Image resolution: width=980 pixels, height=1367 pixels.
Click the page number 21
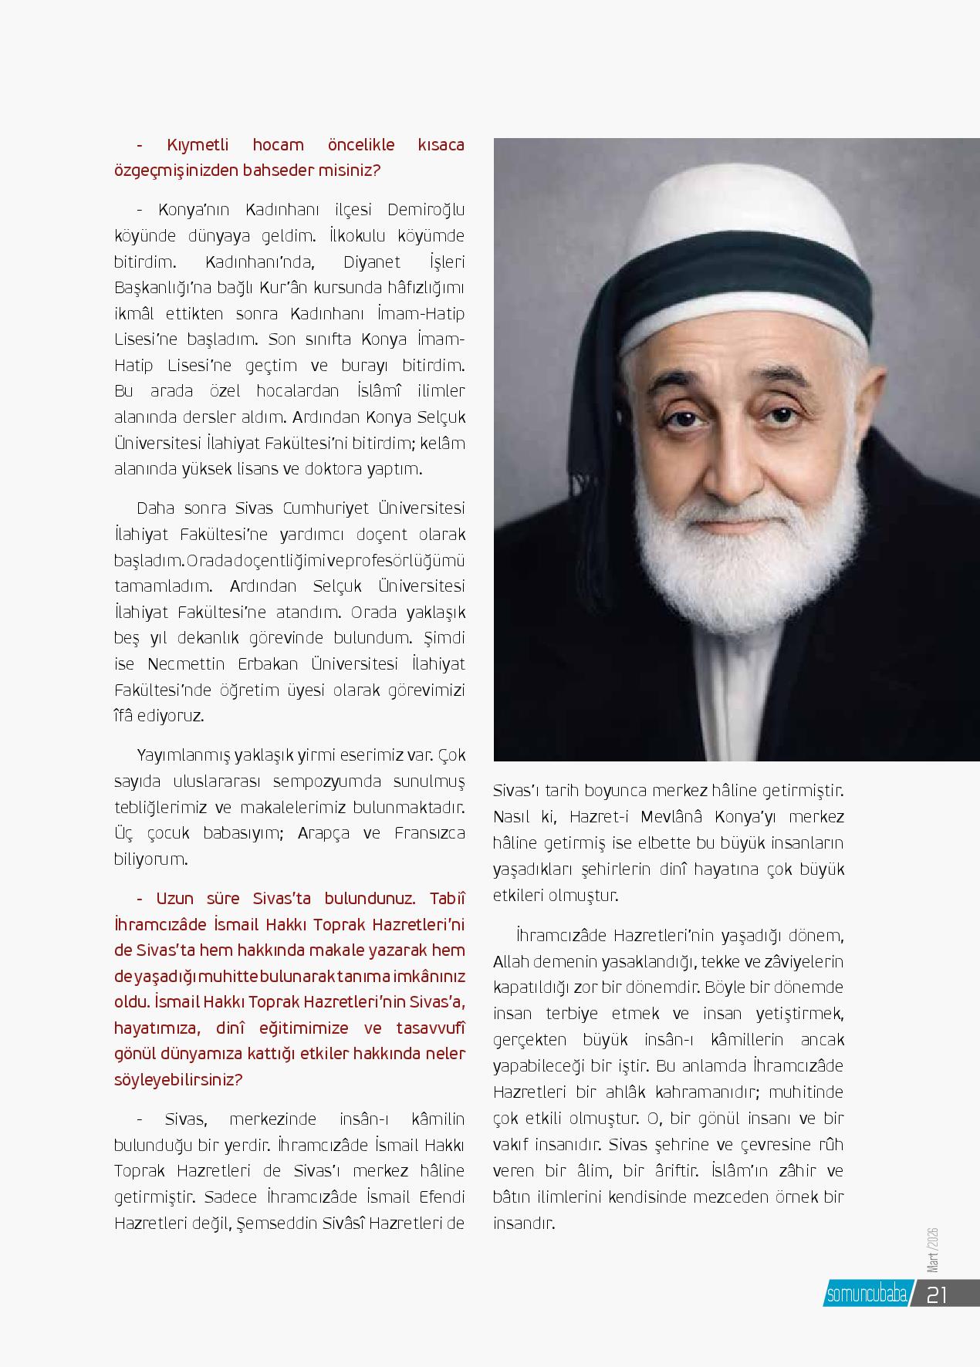tap(936, 1294)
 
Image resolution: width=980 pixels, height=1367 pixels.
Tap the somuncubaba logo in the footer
tap(867, 1294)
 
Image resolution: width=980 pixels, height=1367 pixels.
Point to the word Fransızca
tap(429, 833)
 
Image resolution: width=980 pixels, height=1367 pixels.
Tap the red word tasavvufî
tap(431, 1028)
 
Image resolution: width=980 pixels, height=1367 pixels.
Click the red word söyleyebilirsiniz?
tap(178, 1080)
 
